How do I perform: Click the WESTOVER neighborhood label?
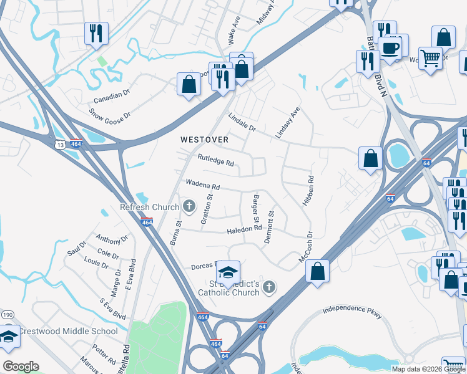point(204,140)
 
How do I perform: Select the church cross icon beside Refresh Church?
point(189,206)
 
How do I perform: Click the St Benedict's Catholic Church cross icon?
point(269,287)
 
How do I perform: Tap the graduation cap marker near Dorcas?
point(228,272)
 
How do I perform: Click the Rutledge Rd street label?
point(215,161)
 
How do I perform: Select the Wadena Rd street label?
point(202,186)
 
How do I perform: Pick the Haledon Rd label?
point(244,229)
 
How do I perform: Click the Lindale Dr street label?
point(242,121)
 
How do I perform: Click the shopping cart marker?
point(431,59)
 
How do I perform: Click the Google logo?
point(21,367)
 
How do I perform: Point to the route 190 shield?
point(6,314)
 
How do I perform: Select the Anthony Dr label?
point(112,238)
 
